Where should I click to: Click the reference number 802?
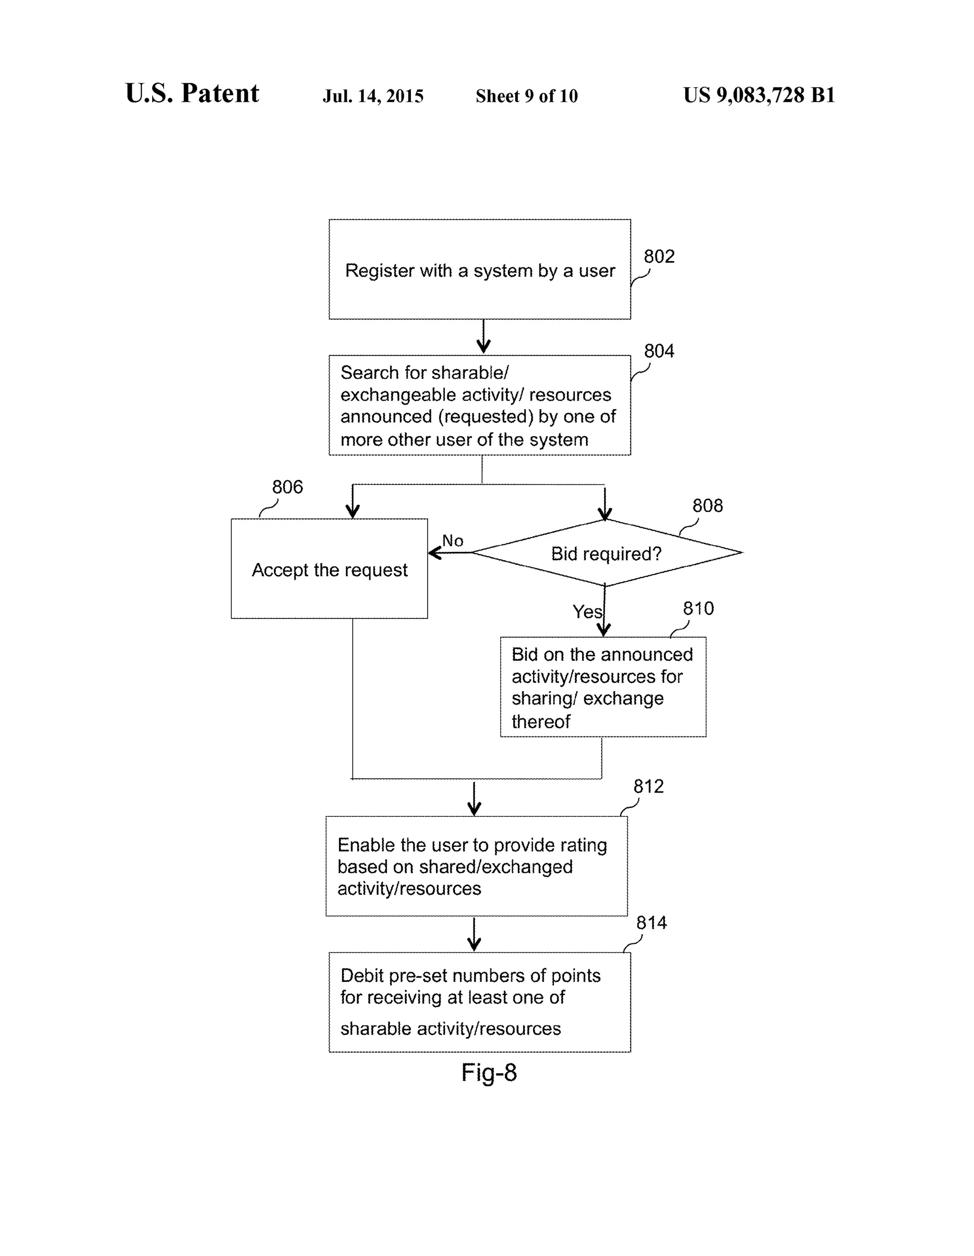659,256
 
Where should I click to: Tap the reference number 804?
659,351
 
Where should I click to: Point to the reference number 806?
287,487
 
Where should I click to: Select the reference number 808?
707,506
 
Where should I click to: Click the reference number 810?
698,608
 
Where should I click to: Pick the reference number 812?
649,786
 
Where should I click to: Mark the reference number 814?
652,922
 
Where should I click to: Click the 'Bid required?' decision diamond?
606,553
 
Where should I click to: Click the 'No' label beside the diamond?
452,540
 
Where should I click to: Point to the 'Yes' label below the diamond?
587,611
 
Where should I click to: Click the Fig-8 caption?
489,1072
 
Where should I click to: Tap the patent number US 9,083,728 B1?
759,95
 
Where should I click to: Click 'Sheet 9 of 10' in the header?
526,96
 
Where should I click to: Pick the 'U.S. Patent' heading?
192,93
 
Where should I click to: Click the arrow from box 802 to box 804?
484,336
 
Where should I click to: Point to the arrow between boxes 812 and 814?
474,934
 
